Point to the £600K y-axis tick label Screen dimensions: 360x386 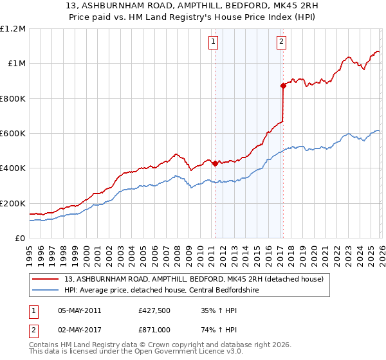pos(13,134)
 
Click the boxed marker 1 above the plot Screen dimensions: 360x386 pos(214,42)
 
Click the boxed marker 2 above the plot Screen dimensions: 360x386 pos(282,42)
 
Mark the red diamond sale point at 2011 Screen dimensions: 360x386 pos(215,163)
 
